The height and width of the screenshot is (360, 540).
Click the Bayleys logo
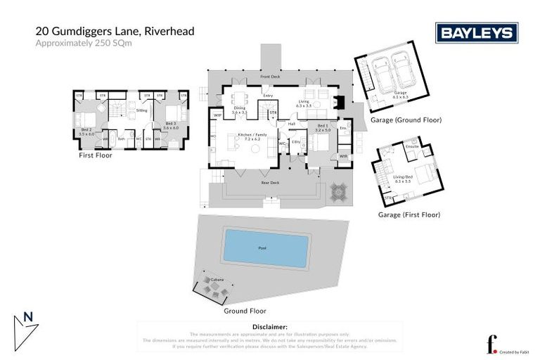[x=477, y=33]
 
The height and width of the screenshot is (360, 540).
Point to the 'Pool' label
[x=263, y=248]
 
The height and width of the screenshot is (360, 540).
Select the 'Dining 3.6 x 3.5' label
[x=240, y=110]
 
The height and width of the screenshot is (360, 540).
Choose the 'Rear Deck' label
[x=269, y=183]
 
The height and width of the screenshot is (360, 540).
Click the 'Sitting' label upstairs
[x=141, y=110]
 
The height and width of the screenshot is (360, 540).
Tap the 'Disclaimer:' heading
[x=270, y=327]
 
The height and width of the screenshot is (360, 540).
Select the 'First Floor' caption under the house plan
[x=95, y=155]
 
